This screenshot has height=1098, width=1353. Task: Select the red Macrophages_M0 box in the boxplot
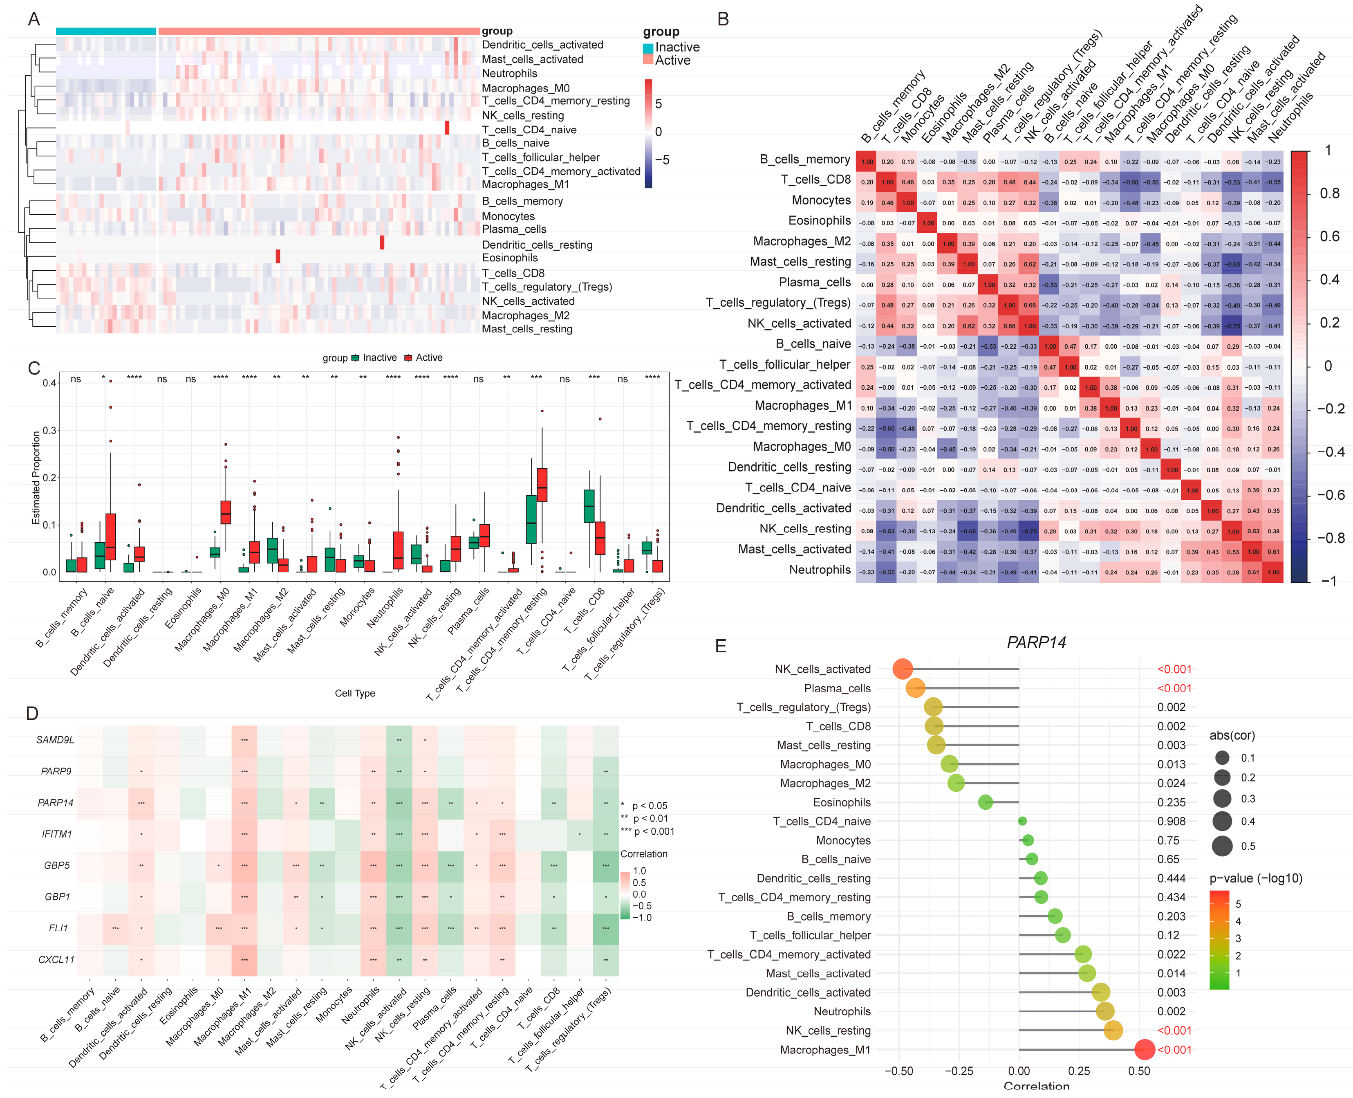click(226, 512)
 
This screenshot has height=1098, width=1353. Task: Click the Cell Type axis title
click(355, 693)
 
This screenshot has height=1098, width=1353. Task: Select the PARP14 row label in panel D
click(56, 803)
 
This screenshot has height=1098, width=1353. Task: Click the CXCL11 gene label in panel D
click(56, 959)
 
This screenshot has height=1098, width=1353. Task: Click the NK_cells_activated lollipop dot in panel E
click(902, 669)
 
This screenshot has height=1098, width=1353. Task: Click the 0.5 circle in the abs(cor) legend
click(1222, 846)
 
